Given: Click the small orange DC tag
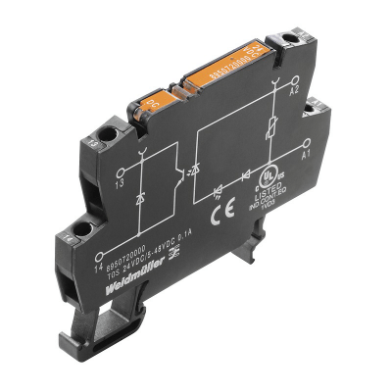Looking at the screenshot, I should point(154,99).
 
